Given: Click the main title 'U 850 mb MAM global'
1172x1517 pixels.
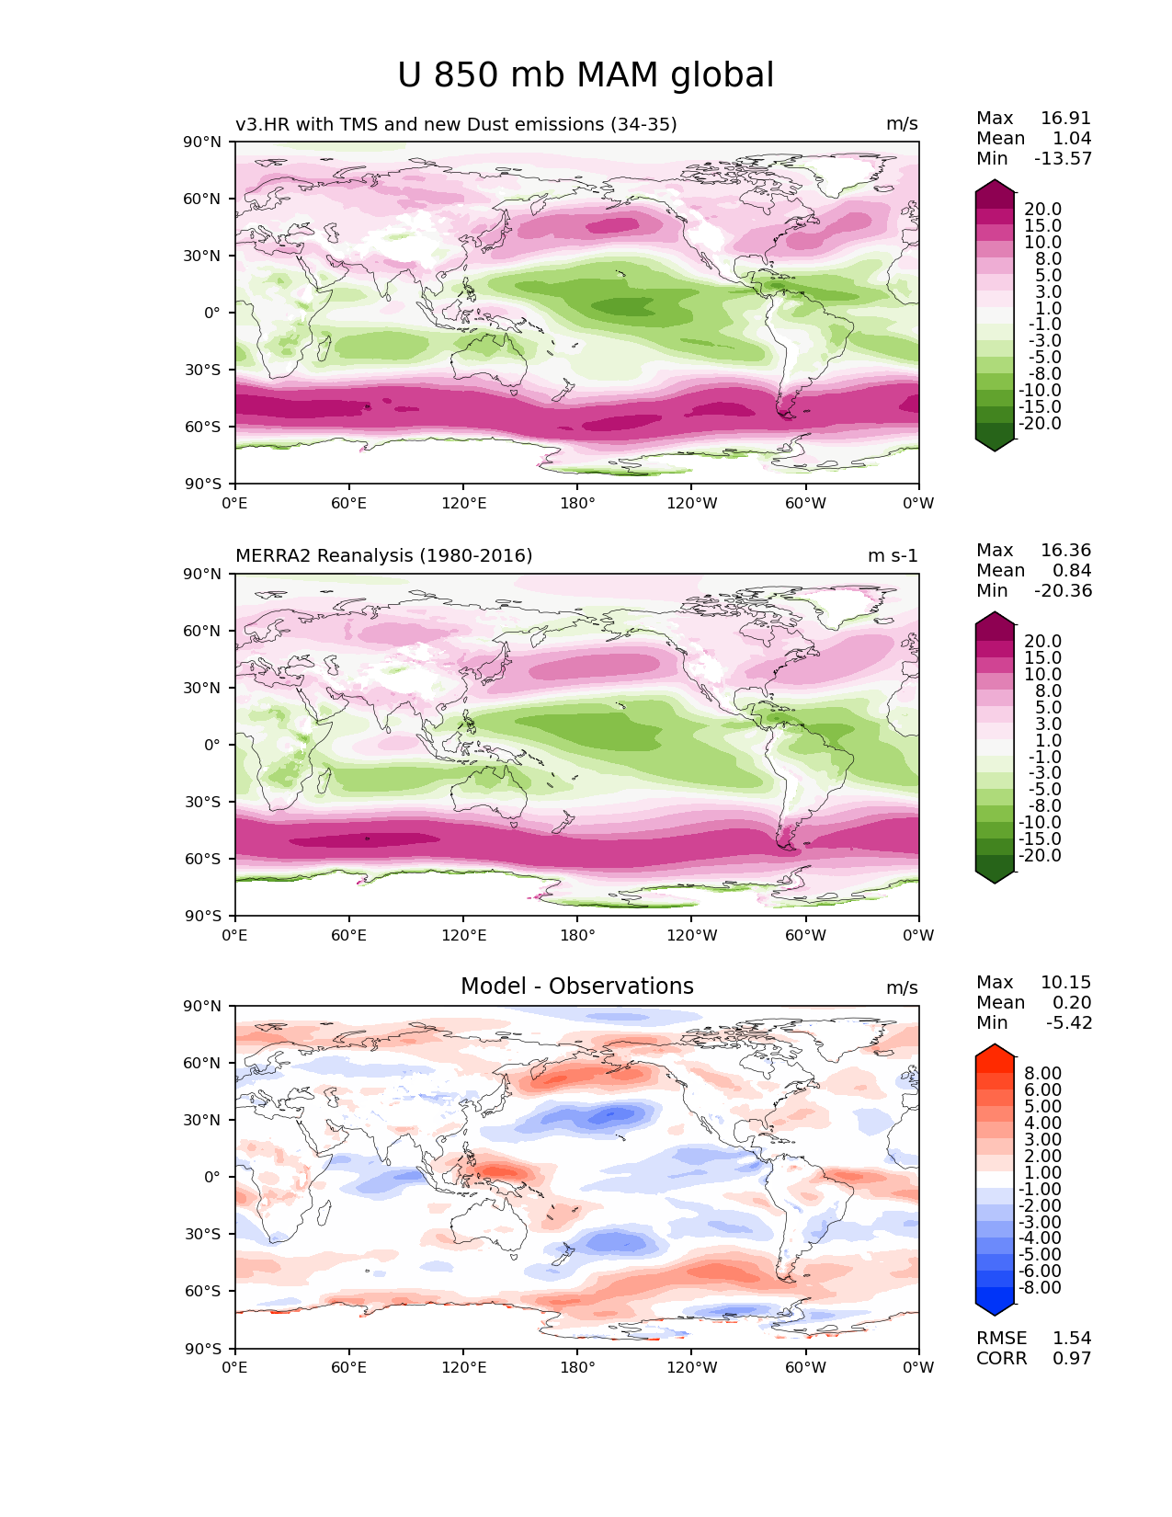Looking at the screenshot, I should (586, 75).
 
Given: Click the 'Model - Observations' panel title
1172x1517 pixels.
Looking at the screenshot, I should (576, 987).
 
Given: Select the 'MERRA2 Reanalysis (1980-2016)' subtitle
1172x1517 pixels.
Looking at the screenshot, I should (383, 556).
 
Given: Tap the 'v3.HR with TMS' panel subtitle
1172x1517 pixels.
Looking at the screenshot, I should (456, 124).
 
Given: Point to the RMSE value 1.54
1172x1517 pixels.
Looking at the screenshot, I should (1072, 1339).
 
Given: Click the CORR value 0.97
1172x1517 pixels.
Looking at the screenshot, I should (1072, 1359).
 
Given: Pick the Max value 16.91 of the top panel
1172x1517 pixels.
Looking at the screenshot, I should (1065, 119).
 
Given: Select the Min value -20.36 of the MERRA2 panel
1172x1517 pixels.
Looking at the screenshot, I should (1064, 591).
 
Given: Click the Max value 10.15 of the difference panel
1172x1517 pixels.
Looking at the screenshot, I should (1065, 983).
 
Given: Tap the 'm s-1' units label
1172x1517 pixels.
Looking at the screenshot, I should (893, 556).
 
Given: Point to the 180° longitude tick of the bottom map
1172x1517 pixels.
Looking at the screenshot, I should (577, 1368).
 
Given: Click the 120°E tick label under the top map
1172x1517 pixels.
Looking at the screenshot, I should (463, 504).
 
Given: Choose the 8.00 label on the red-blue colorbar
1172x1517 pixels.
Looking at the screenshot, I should (1042, 1074).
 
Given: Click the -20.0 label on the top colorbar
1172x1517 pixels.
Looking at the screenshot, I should (1040, 424).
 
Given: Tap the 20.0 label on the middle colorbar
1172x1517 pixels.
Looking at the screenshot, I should (1042, 642).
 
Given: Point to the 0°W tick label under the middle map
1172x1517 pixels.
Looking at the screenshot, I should (918, 936).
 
